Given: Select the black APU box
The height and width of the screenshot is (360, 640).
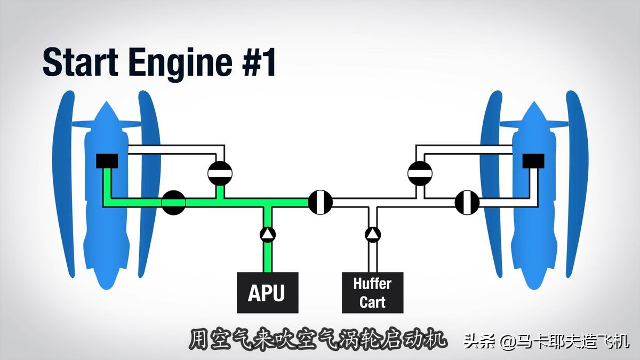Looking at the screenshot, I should pos(267,293).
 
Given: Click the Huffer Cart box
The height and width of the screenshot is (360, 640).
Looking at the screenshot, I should pos(372,293).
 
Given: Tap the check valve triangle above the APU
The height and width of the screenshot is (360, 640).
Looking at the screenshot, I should pos(267,234).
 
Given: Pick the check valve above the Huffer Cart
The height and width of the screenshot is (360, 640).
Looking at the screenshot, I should pos(372,234).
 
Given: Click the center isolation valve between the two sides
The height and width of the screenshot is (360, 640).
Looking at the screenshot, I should pos(320,202).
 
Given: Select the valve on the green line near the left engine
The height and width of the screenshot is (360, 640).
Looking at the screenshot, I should pos(173,203).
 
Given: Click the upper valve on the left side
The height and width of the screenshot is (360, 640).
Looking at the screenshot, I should pos(220,173).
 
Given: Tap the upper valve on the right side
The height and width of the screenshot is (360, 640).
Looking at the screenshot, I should pos(420,173).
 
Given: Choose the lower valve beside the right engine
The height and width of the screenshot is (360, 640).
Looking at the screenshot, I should pos(467,203).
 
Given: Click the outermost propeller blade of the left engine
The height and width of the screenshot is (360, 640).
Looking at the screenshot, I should pos(62,181).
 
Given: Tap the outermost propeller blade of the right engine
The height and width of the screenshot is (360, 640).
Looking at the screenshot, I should pos(578,181).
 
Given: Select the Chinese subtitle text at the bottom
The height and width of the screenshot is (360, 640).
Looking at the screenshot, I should pos(318,340).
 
